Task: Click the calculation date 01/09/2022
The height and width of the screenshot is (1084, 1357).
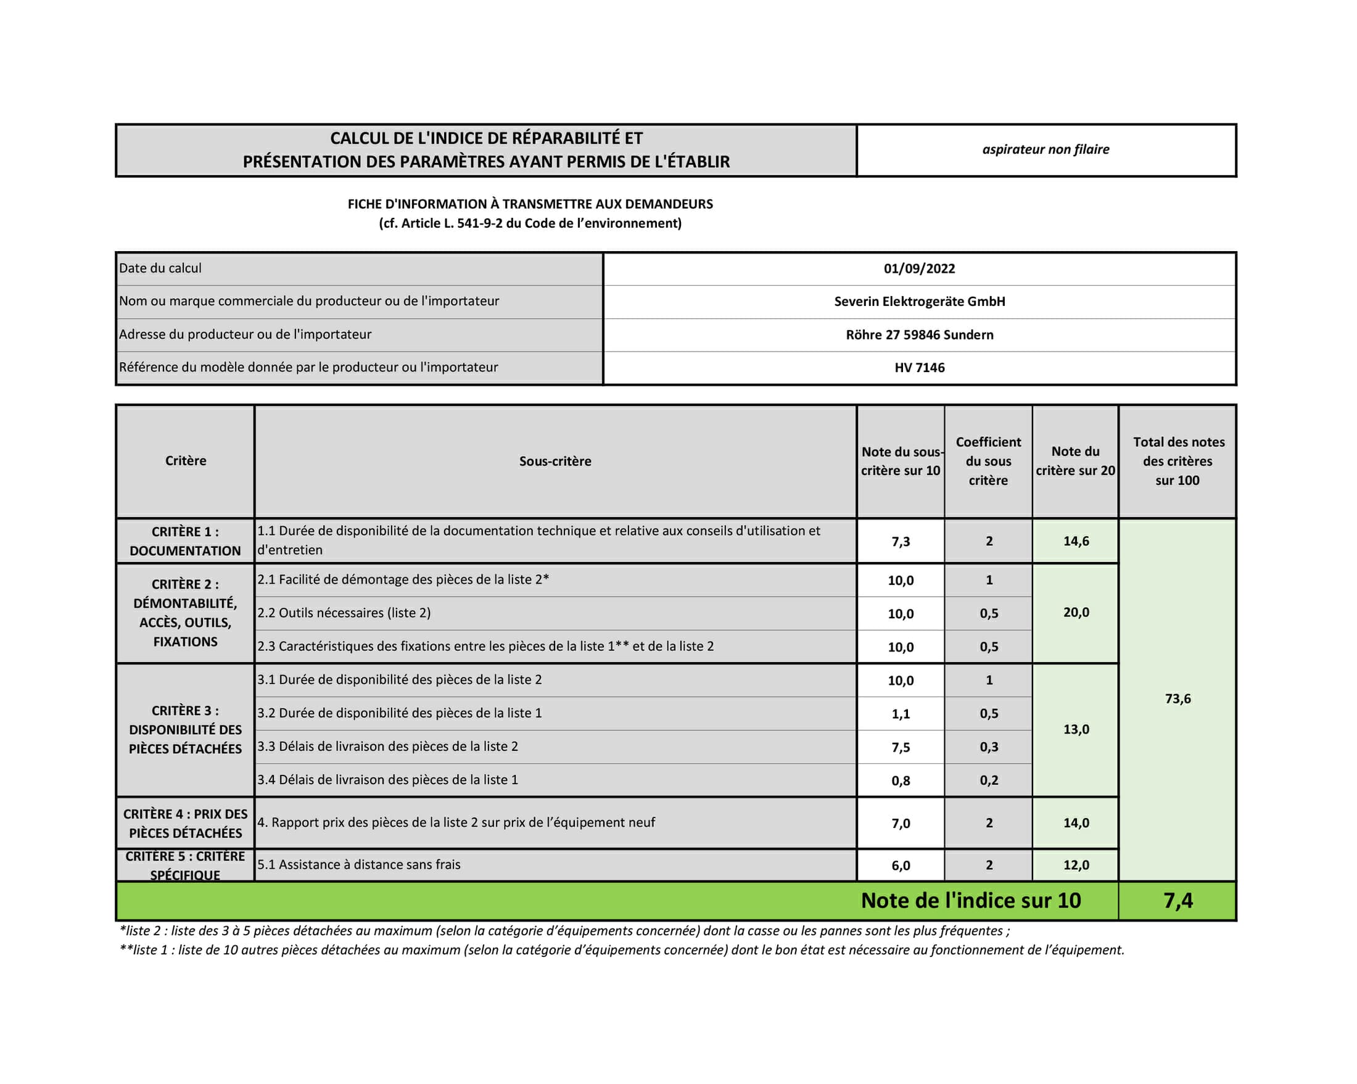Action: (x=919, y=269)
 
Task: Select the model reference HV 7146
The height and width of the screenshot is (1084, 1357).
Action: (x=919, y=368)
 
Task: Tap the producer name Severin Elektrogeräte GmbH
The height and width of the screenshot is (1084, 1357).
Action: (x=919, y=302)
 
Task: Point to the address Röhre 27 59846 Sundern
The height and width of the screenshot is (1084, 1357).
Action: (x=919, y=335)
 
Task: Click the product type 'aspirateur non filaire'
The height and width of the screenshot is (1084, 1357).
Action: (x=1046, y=150)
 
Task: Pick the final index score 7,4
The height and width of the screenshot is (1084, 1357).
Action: (x=1178, y=901)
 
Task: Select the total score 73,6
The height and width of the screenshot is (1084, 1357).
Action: (x=1178, y=699)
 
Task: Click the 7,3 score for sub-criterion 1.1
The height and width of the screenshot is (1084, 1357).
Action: (x=901, y=541)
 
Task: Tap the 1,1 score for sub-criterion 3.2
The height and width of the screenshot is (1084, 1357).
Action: (x=901, y=714)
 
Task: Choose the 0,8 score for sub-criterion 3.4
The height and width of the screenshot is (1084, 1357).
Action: (x=901, y=780)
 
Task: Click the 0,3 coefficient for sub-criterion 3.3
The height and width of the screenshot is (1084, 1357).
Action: (x=989, y=747)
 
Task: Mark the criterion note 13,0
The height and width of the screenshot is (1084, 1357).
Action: (x=1076, y=730)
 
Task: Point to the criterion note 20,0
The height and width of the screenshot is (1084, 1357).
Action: (x=1076, y=613)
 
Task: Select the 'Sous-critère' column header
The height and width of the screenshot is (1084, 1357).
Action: (x=555, y=461)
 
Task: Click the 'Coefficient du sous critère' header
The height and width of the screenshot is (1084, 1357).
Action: (x=988, y=461)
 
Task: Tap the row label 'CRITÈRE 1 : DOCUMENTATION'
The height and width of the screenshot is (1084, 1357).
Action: (x=185, y=541)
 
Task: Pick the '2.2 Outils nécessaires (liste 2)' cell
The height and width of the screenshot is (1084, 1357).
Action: (x=344, y=613)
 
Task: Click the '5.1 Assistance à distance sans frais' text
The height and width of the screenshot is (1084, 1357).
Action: (x=359, y=865)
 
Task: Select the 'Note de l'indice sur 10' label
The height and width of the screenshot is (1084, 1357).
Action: (x=970, y=901)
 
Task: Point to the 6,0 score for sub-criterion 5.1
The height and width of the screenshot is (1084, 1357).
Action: (x=901, y=866)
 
